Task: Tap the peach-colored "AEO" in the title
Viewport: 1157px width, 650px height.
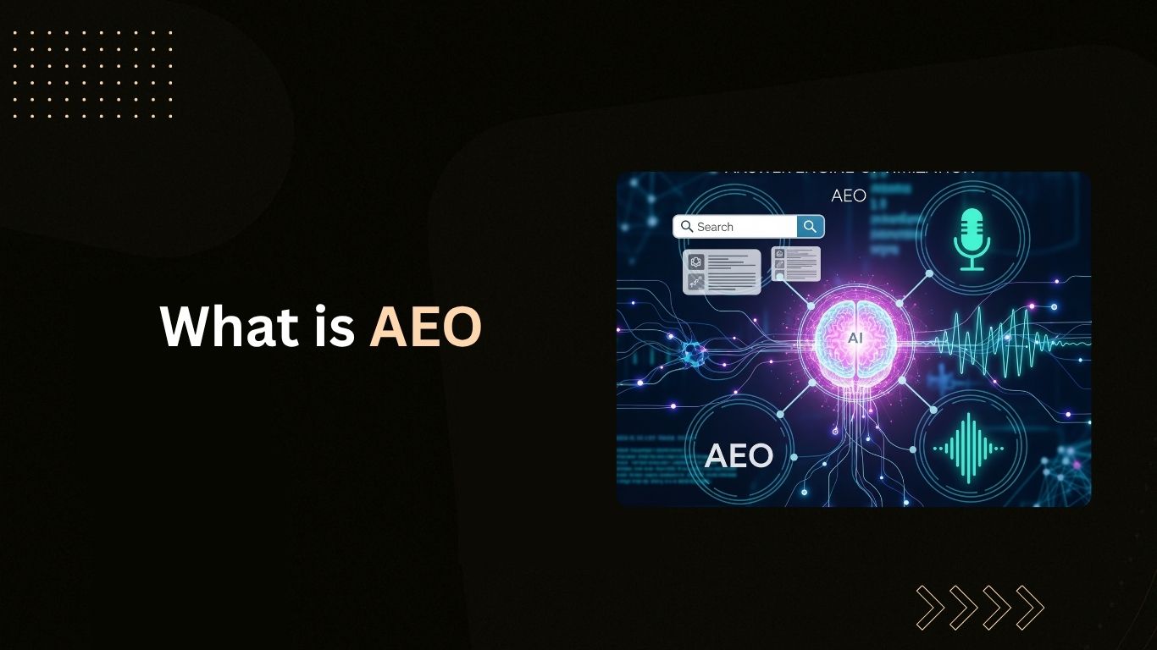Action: [x=425, y=326]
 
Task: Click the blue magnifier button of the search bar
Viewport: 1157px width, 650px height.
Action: [x=810, y=226]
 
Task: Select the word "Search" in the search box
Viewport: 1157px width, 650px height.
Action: [x=715, y=227]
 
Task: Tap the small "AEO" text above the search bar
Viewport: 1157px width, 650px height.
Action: [x=848, y=196]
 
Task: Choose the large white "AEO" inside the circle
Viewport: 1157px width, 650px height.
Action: [x=739, y=455]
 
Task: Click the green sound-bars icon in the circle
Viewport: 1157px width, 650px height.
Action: [x=968, y=449]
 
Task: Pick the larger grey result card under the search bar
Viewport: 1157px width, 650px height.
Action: [x=722, y=272]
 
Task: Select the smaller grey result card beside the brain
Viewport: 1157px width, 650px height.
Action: [x=795, y=263]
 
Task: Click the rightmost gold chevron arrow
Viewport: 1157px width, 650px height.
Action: [x=1031, y=608]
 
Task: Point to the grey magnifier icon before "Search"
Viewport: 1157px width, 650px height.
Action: [x=687, y=227]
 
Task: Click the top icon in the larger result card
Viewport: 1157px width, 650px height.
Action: [x=696, y=262]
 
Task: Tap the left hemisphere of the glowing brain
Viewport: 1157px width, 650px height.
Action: [x=839, y=339]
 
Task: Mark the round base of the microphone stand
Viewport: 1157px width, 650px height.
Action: [x=972, y=268]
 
